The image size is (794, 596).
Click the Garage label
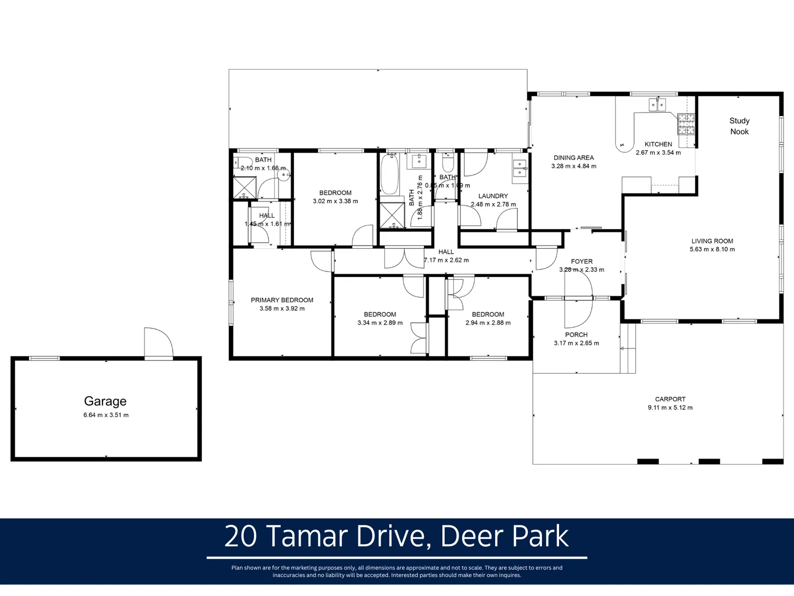click(105, 401)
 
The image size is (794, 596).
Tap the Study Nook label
click(739, 126)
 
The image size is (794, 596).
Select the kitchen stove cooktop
click(686, 124)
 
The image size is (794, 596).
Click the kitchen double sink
click(657, 104)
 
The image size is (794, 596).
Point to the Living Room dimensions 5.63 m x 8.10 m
click(712, 249)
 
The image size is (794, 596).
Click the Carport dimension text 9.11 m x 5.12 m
click(670, 408)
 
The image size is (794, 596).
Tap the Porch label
click(576, 334)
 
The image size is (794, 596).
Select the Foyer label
click(582, 262)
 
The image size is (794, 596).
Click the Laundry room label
click(493, 196)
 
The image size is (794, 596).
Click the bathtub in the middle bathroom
click(390, 174)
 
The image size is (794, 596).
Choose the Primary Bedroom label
click(282, 300)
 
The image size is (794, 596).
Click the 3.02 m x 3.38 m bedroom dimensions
click(335, 201)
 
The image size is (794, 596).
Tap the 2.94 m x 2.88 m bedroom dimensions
click(488, 323)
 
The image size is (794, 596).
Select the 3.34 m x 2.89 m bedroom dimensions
click(380, 323)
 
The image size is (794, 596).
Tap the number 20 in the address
click(241, 536)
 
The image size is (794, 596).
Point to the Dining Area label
click(573, 158)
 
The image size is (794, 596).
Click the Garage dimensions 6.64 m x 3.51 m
click(106, 415)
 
